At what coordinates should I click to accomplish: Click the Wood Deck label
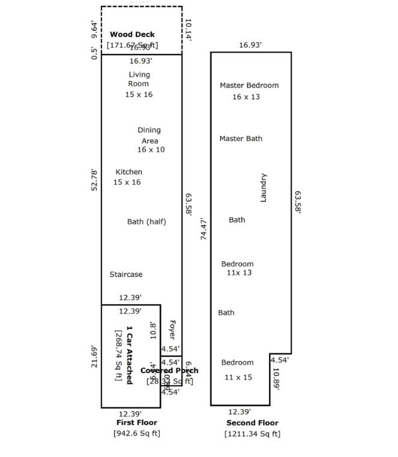pyautogui.click(x=132, y=35)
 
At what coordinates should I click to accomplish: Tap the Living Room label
pyautogui.click(x=139, y=79)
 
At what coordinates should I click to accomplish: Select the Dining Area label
pyautogui.click(x=149, y=135)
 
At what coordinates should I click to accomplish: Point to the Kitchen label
pyautogui.click(x=129, y=172)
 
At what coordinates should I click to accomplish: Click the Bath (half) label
pyautogui.click(x=146, y=222)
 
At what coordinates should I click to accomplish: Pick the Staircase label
pyautogui.click(x=126, y=275)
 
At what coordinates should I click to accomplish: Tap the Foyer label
pyautogui.click(x=171, y=330)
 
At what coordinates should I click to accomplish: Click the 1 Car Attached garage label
pyautogui.click(x=129, y=355)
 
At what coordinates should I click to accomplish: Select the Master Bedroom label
pyautogui.click(x=249, y=86)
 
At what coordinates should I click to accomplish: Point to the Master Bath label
pyautogui.click(x=241, y=139)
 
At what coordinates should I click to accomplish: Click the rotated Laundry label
pyautogui.click(x=263, y=188)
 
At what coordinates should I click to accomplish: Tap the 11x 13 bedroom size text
pyautogui.click(x=239, y=273)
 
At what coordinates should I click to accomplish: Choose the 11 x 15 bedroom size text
pyautogui.click(x=238, y=377)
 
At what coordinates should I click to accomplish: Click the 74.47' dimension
pyautogui.click(x=204, y=229)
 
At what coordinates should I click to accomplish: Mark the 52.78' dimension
pyautogui.click(x=94, y=180)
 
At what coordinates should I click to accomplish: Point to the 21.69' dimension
pyautogui.click(x=94, y=356)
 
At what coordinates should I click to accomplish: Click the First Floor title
pyautogui.click(x=137, y=423)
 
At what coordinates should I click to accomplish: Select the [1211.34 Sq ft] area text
pyautogui.click(x=252, y=434)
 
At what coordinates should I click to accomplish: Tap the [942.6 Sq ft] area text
pyautogui.click(x=137, y=433)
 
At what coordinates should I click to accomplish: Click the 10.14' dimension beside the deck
pyautogui.click(x=188, y=29)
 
